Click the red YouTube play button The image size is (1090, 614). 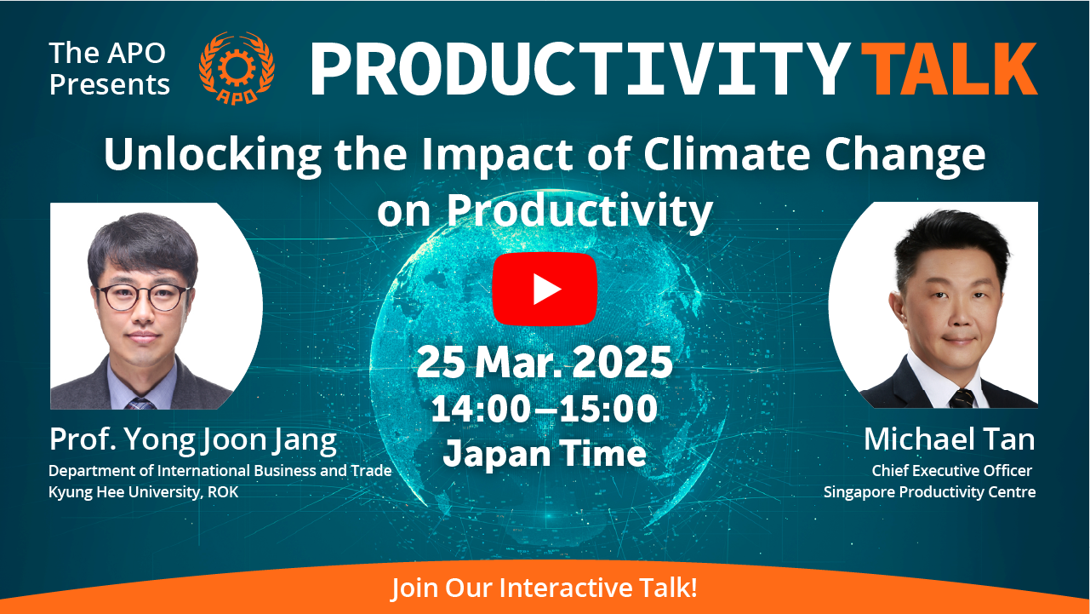(545, 289)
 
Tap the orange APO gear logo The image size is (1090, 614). (237, 68)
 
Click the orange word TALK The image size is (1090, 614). (949, 69)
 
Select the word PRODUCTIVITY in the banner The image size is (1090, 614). (580, 69)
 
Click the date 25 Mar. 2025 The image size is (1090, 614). (545, 362)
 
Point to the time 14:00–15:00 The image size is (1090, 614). (545, 409)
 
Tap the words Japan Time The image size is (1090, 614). (545, 454)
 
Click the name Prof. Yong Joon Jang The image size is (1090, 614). (192, 439)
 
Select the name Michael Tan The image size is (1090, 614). (950, 439)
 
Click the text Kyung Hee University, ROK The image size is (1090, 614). (144, 491)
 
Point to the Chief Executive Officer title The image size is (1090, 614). (952, 470)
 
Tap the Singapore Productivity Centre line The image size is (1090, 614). (929, 491)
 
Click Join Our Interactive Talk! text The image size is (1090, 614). (545, 588)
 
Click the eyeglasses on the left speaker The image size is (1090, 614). (143, 297)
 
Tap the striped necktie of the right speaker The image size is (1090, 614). (962, 399)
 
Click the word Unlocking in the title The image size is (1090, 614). (213, 155)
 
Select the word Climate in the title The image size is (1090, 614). (727, 154)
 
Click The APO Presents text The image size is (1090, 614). (110, 69)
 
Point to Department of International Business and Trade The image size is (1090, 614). (220, 470)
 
